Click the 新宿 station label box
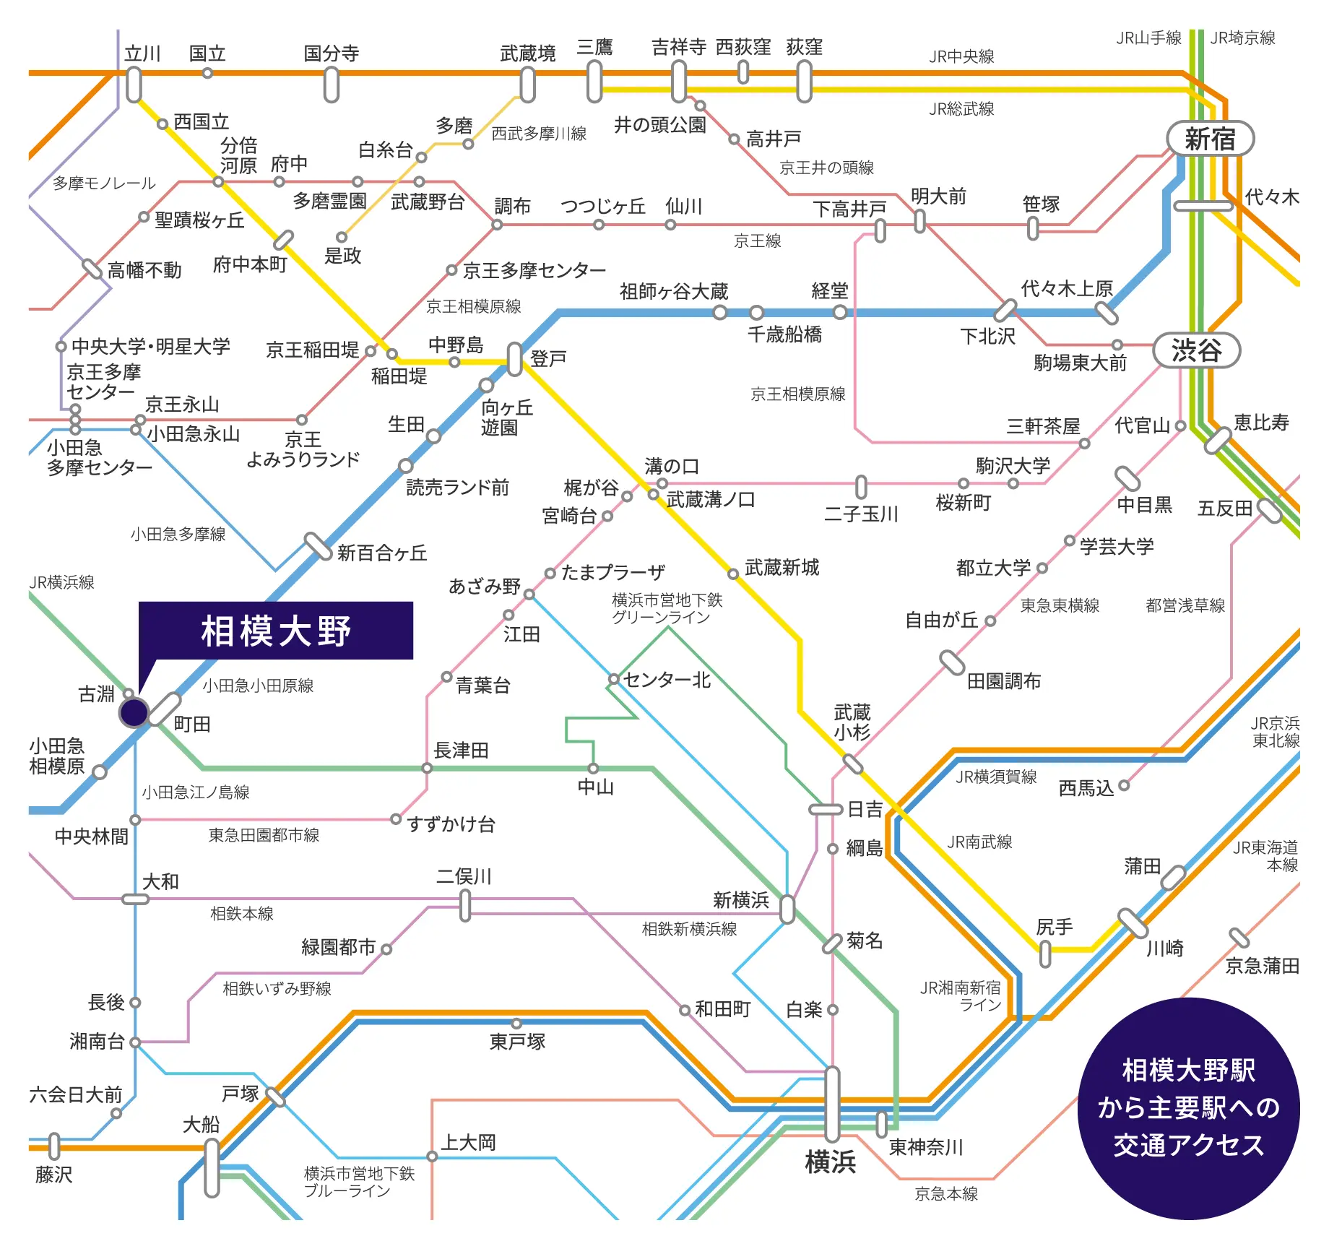click(x=1210, y=139)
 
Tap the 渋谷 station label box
click(x=1196, y=351)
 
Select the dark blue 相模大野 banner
click(x=276, y=631)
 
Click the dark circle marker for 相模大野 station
click(x=134, y=712)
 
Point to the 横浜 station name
click(x=830, y=1162)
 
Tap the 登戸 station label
click(x=548, y=358)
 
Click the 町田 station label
click(x=192, y=724)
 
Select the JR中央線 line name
click(x=961, y=56)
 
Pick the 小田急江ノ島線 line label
click(x=195, y=792)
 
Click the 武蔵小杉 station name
click(x=852, y=722)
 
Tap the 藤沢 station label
click(x=53, y=1175)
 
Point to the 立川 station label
click(x=142, y=53)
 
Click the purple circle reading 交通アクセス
click(x=1188, y=1108)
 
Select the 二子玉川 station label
click(x=861, y=514)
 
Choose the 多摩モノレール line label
click(x=104, y=183)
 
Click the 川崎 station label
click(x=1164, y=948)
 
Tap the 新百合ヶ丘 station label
click(x=382, y=553)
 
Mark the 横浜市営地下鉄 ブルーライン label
click(x=359, y=1182)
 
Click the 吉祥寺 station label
click(x=678, y=47)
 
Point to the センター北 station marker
click(x=613, y=679)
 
